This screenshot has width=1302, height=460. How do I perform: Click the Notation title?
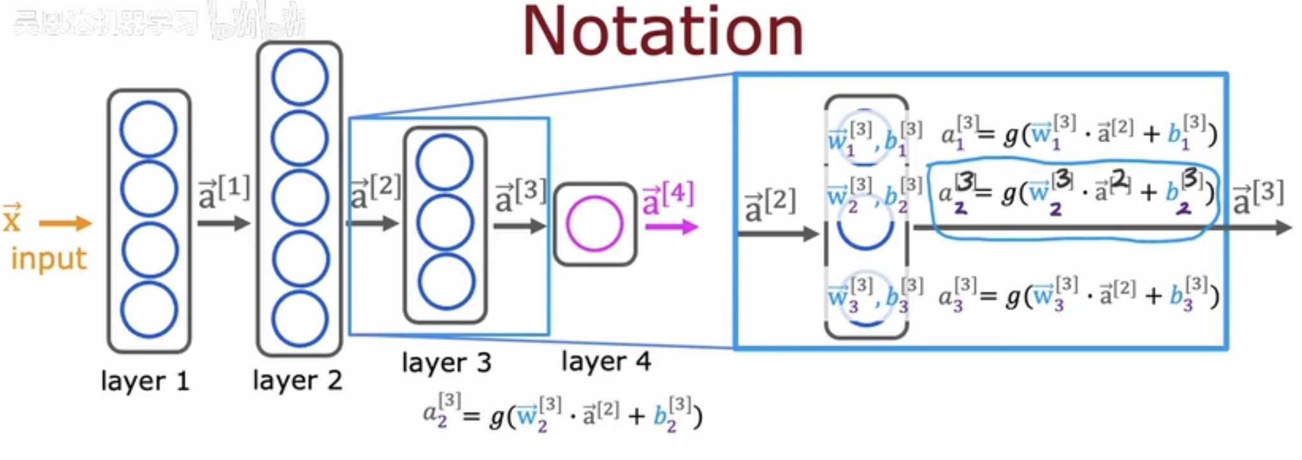click(663, 32)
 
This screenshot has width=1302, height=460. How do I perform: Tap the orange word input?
click(48, 259)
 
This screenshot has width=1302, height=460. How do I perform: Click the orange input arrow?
click(66, 223)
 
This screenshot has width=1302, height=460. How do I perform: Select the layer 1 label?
click(145, 381)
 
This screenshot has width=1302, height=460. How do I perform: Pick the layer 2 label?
click(297, 380)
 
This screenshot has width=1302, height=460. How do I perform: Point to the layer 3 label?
click(446, 363)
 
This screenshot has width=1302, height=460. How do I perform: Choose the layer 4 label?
click(606, 361)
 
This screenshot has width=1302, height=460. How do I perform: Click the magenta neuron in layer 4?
click(594, 224)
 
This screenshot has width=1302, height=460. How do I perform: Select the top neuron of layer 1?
click(149, 129)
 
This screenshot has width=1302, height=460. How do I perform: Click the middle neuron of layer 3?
click(445, 222)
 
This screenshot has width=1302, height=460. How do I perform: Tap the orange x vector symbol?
click(12, 219)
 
